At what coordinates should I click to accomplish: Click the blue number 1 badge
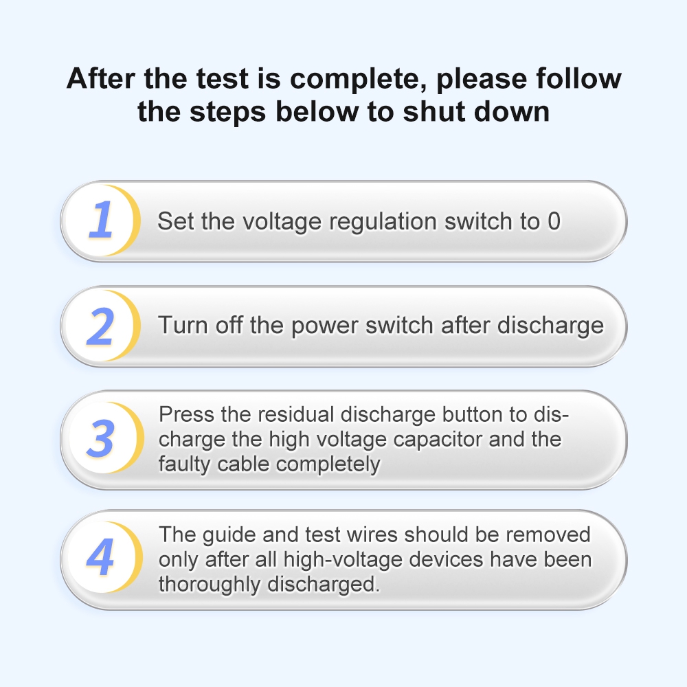pyautogui.click(x=101, y=220)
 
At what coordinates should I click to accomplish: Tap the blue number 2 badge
pyautogui.click(x=101, y=326)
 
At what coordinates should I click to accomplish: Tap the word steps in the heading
pyautogui.click(x=227, y=112)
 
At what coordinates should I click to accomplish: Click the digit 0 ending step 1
pyautogui.click(x=554, y=221)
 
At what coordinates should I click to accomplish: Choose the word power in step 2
pyautogui.click(x=325, y=327)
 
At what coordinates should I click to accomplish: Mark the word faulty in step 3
pyautogui.click(x=184, y=464)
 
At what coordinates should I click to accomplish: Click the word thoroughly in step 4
pyautogui.click(x=210, y=585)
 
